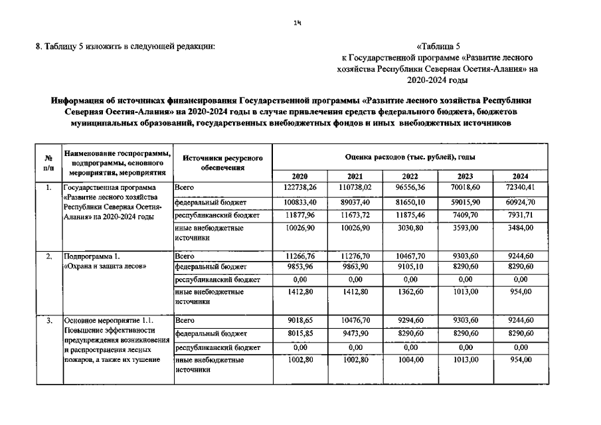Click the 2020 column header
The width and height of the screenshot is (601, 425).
click(300, 176)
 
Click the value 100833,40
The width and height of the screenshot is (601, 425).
click(300, 202)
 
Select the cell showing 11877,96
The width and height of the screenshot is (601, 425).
click(300, 216)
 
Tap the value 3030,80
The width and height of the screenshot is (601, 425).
click(410, 228)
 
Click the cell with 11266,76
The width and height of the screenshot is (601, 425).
click(300, 255)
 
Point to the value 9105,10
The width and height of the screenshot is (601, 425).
click(410, 268)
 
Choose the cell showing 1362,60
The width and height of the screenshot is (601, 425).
click(410, 294)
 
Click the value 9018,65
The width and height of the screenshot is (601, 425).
click(300, 320)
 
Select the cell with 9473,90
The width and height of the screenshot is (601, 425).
click(355, 333)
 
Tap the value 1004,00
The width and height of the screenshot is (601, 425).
click(410, 359)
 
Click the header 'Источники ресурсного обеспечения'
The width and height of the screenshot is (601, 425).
click(222, 163)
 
